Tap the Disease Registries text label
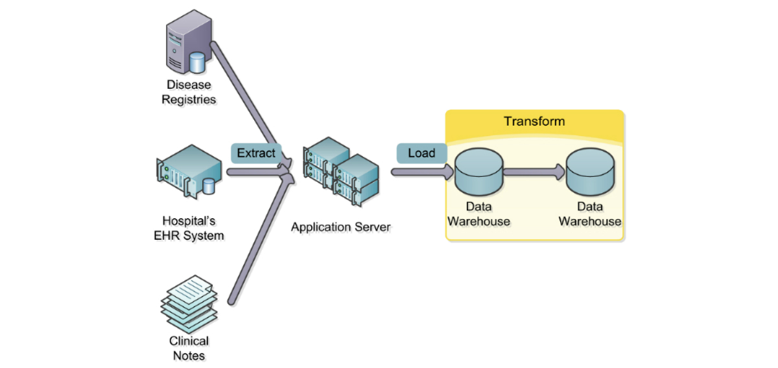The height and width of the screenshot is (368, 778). (189, 92)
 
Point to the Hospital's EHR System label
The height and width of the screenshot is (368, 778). (189, 228)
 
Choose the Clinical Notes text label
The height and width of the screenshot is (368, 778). (189, 348)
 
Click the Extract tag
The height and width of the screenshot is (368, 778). (256, 154)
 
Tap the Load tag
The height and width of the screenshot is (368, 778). (421, 154)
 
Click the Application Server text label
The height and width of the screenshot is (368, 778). (341, 227)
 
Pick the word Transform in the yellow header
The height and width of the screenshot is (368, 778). (534, 122)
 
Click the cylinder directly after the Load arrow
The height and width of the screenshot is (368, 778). (479, 172)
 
